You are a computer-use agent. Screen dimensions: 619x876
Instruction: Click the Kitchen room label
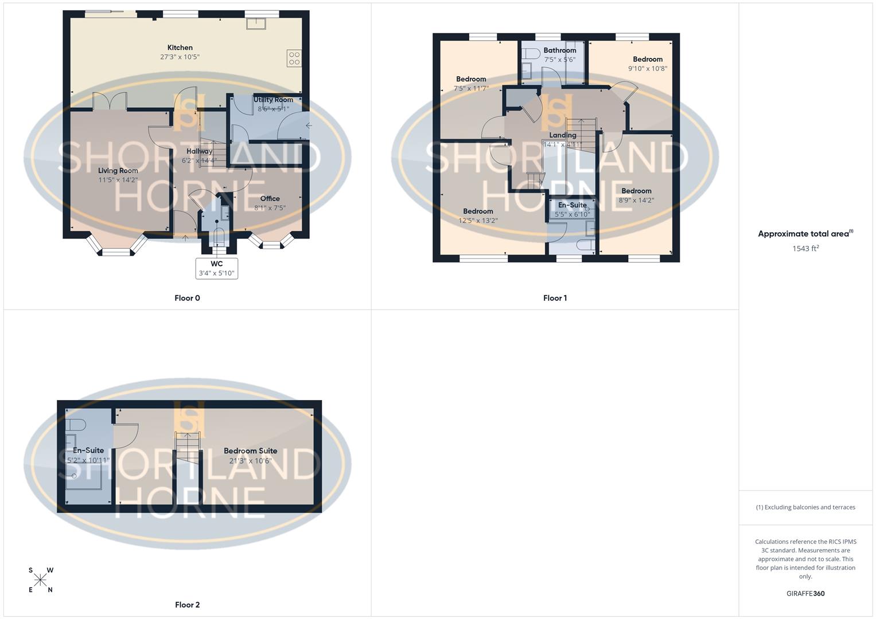click(180, 48)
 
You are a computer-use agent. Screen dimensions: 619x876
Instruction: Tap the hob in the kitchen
click(294, 58)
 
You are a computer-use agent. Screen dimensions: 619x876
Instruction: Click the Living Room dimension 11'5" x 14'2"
click(118, 180)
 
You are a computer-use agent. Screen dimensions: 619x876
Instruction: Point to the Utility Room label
click(273, 100)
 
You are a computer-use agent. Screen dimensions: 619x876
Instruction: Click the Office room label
click(270, 199)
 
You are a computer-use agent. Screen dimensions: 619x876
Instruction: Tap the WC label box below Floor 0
click(216, 268)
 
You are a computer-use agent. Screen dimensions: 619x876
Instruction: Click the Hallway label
click(199, 151)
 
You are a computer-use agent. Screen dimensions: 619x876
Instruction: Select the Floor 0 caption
click(187, 298)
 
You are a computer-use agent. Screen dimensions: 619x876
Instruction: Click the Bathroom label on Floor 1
click(559, 50)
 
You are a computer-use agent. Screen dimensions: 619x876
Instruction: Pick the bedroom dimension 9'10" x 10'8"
click(648, 69)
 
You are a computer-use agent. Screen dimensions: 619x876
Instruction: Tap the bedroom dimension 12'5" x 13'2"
click(478, 221)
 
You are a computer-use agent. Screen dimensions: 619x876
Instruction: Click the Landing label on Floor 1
click(562, 135)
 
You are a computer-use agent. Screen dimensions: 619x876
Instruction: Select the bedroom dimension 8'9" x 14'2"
click(636, 201)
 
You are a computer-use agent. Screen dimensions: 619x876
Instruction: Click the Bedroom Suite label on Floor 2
click(250, 451)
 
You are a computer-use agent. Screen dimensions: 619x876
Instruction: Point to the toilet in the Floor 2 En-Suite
click(76, 425)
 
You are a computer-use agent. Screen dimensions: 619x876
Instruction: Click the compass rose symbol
click(40, 581)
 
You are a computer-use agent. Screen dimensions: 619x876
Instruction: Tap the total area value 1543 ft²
click(805, 249)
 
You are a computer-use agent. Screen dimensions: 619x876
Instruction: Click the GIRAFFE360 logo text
click(805, 594)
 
